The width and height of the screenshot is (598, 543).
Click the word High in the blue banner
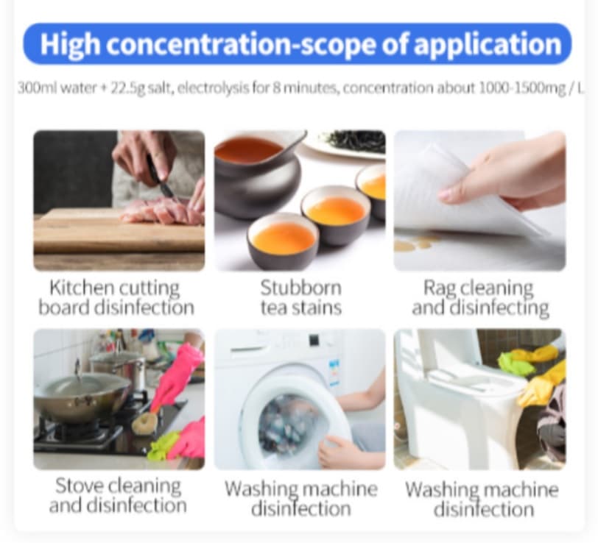click(x=70, y=45)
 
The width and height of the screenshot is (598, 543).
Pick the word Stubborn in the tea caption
click(x=300, y=288)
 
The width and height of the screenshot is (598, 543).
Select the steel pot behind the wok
click(x=119, y=366)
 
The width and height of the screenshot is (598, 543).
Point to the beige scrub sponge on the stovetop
click(x=145, y=421)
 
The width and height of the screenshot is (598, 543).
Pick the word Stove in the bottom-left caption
click(x=80, y=486)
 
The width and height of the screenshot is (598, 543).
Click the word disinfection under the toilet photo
click(x=483, y=509)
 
